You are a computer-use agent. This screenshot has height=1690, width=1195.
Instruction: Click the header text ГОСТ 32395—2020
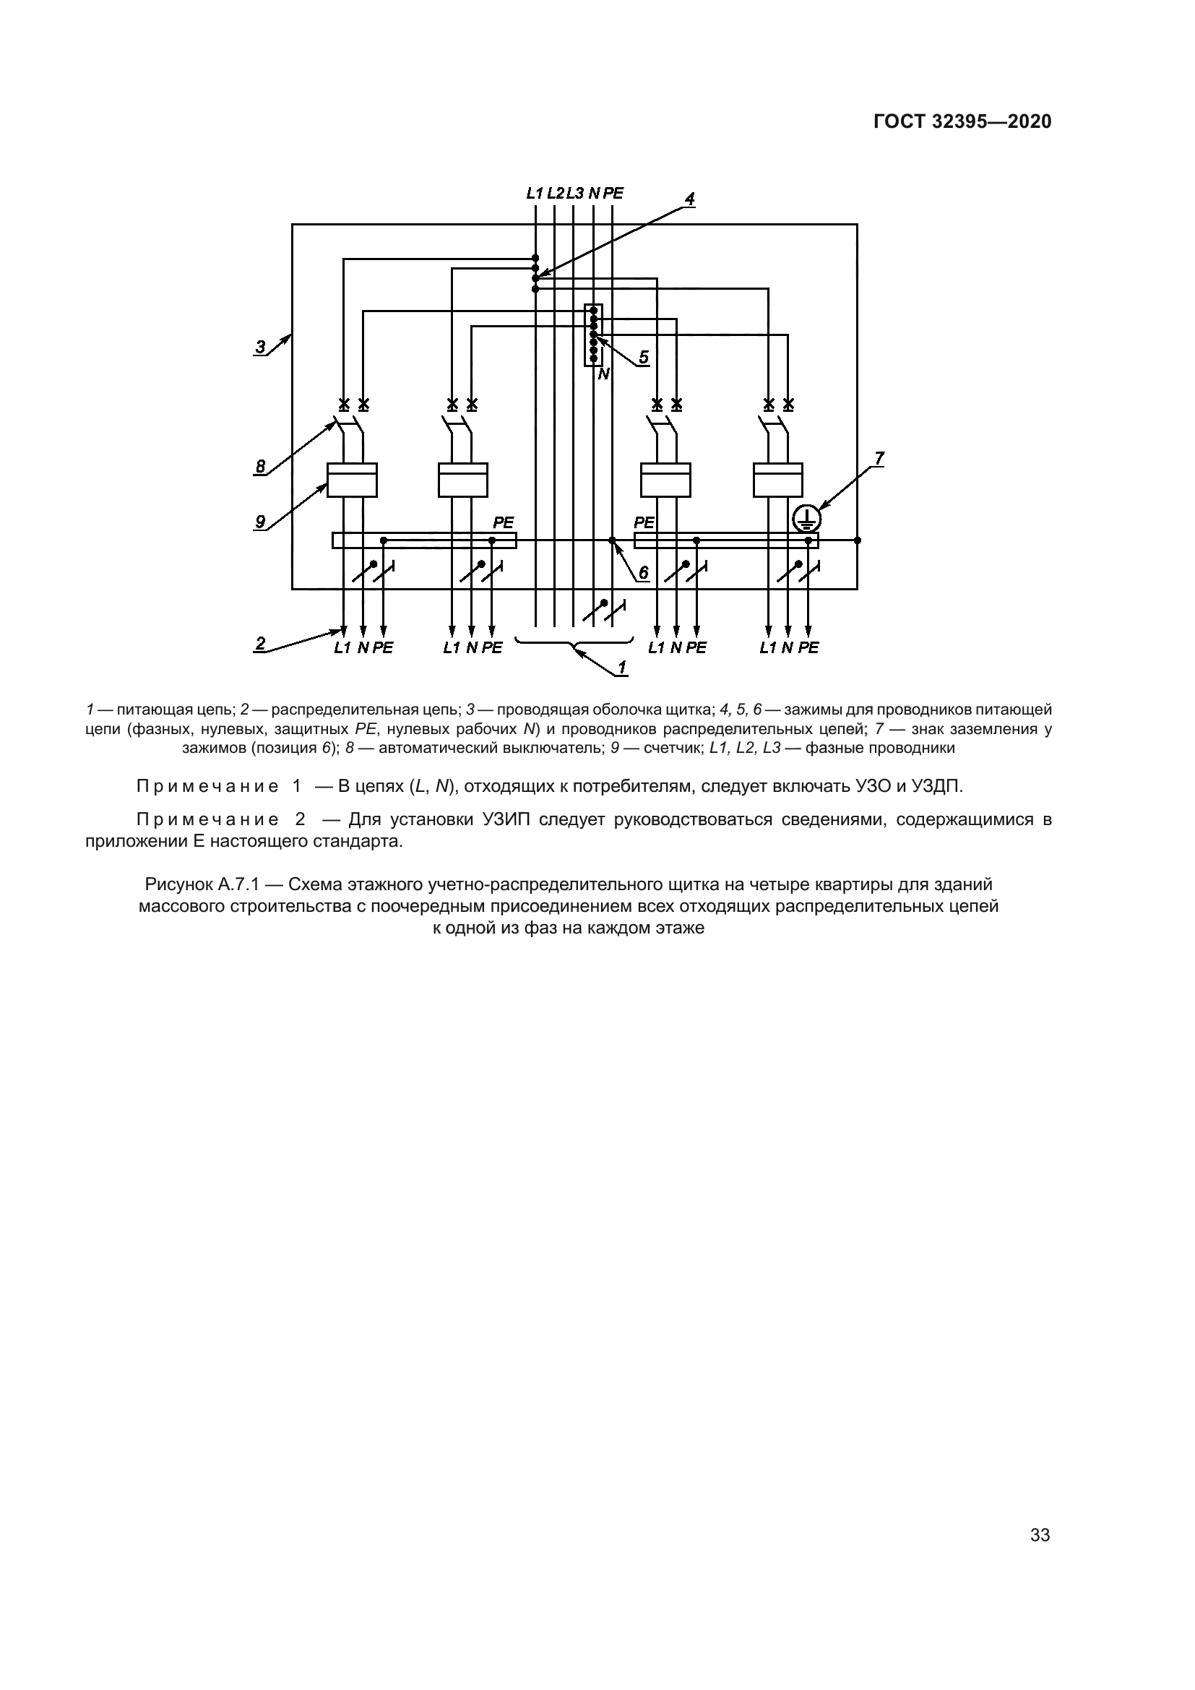[x=962, y=122]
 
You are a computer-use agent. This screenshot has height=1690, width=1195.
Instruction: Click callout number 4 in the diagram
[x=689, y=199]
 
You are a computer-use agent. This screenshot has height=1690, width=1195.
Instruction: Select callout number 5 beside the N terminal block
[x=644, y=357]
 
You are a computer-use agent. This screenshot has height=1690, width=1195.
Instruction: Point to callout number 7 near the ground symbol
[x=879, y=458]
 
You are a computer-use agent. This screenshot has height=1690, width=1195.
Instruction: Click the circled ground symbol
[x=806, y=519]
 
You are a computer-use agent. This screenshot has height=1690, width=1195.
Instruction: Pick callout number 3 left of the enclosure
[x=261, y=346]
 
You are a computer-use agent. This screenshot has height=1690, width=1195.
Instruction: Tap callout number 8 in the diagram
[x=261, y=466]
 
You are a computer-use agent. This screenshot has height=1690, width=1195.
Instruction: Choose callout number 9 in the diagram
[x=261, y=521]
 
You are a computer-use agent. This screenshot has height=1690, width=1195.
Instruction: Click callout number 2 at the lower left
[x=261, y=642]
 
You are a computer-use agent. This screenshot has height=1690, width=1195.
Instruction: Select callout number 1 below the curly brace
[x=622, y=667]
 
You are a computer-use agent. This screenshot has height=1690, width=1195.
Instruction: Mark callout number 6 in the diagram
[x=643, y=572]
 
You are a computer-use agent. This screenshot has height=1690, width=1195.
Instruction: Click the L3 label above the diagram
[x=574, y=194]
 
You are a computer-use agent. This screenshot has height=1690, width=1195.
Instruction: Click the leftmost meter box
[x=353, y=480]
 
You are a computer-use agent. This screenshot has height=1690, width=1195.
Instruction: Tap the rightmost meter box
[x=779, y=480]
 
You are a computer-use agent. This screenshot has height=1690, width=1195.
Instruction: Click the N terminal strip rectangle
[x=593, y=335]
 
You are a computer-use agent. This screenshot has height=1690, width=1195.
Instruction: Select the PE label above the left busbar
[x=504, y=522]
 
